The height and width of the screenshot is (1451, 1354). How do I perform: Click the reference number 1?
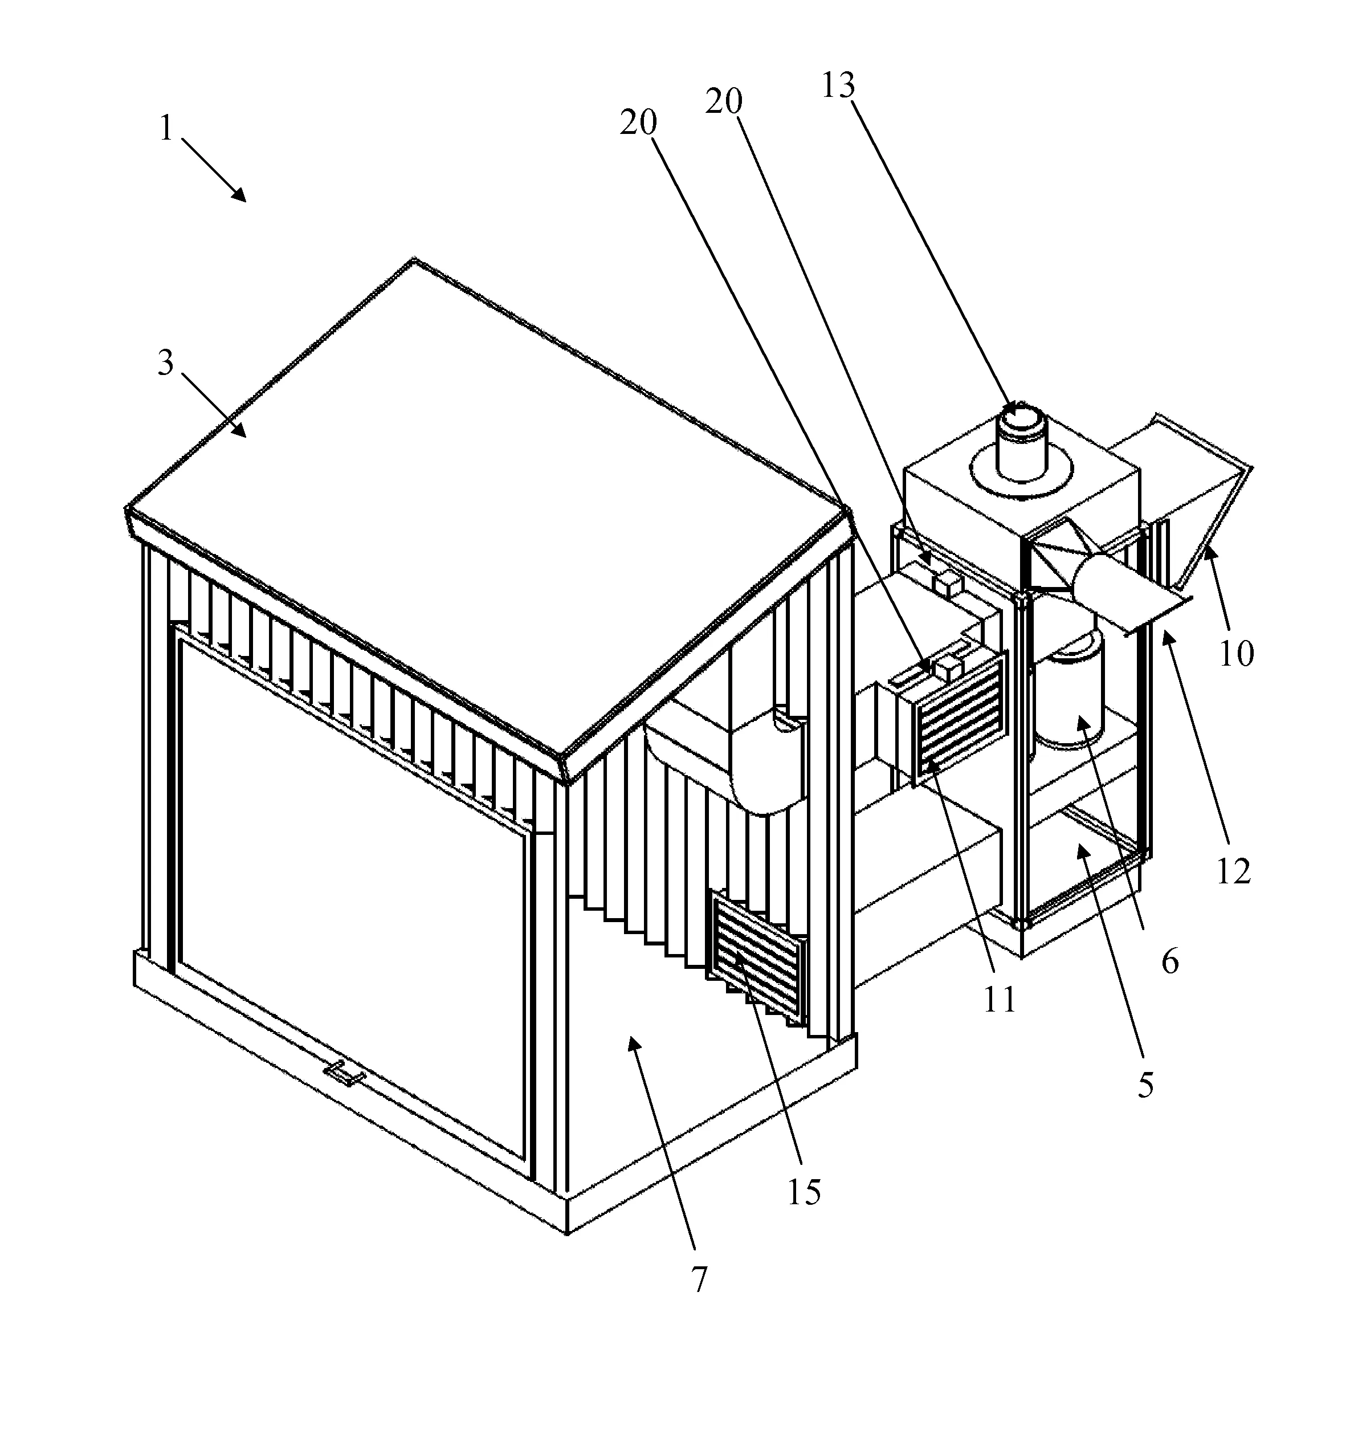[166, 129]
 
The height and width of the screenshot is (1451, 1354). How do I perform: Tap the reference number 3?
[166, 362]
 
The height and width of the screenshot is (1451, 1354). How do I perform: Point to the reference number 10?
[1237, 653]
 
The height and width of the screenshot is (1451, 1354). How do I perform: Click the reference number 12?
[1234, 871]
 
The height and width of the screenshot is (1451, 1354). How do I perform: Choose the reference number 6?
[1170, 963]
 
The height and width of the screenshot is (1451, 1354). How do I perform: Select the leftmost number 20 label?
[639, 123]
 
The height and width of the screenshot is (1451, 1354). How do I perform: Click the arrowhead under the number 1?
[239, 193]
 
